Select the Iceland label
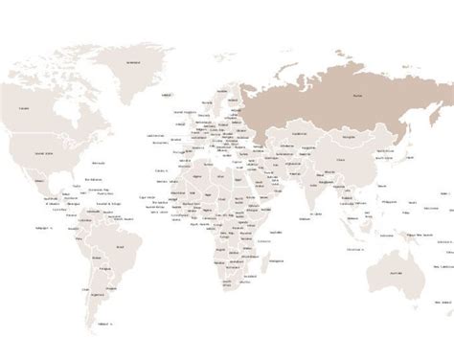coord(167,97)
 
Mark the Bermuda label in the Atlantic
coord(91,178)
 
